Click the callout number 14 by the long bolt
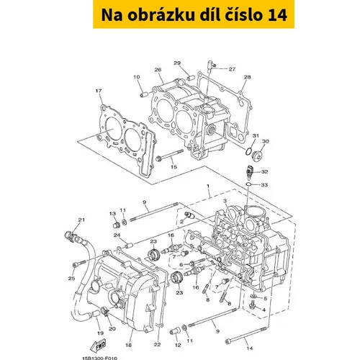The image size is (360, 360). click(x=250, y=348)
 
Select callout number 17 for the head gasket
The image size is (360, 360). click(x=99, y=91)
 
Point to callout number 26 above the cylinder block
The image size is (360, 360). click(x=158, y=70)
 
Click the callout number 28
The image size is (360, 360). click(x=247, y=77)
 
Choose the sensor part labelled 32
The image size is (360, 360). click(x=249, y=171)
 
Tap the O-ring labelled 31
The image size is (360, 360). click(x=248, y=151)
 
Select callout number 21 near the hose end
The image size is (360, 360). click(x=81, y=220)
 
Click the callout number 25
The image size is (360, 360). click(x=71, y=279)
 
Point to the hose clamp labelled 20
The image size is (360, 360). click(x=104, y=310)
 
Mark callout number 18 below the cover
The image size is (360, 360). click(x=129, y=345)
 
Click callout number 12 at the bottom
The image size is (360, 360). click(x=178, y=345)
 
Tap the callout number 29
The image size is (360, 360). click(x=177, y=63)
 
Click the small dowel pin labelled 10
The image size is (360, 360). click(x=143, y=94)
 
